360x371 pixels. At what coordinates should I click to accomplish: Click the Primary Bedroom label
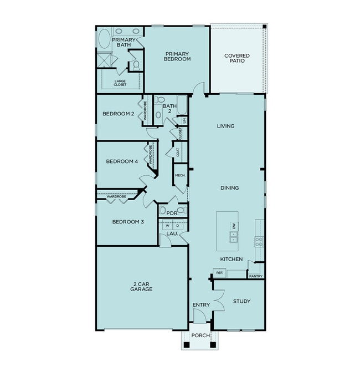177,56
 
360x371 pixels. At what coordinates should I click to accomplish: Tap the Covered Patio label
236,58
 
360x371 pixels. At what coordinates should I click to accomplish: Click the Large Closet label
120,83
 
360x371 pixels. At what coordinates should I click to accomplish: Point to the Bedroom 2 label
119,114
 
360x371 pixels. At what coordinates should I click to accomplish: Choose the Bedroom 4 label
122,162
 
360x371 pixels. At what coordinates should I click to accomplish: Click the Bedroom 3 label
128,222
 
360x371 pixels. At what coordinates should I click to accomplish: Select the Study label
241,302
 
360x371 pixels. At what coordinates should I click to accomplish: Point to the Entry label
200,305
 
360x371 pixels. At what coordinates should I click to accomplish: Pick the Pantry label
255,276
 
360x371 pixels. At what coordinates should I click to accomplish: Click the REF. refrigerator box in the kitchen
219,273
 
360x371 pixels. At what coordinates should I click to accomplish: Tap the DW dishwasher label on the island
234,226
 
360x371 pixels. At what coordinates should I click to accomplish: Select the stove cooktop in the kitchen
259,241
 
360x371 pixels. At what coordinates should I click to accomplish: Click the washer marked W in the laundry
167,226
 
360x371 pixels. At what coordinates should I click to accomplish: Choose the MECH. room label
180,175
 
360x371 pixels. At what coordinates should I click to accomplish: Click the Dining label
229,188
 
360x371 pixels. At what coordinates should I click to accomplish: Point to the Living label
225,126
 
